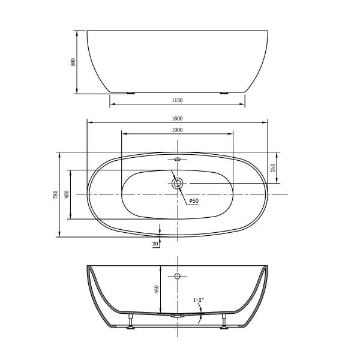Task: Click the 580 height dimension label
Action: (73, 62)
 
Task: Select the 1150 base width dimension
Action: (177, 101)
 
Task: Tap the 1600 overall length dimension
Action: (177, 118)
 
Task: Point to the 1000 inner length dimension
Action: (177, 130)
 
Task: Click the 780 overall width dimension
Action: (55, 194)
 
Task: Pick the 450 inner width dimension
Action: (67, 194)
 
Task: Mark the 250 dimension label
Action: (273, 168)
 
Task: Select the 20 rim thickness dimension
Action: (155, 244)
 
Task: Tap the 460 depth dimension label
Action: (157, 290)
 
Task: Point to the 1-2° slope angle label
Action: (199, 299)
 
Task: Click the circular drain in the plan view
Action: (177, 184)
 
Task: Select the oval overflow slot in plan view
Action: (177, 160)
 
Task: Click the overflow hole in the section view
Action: (177, 276)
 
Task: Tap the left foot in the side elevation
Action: (130, 93)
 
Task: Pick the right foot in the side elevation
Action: (224, 93)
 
